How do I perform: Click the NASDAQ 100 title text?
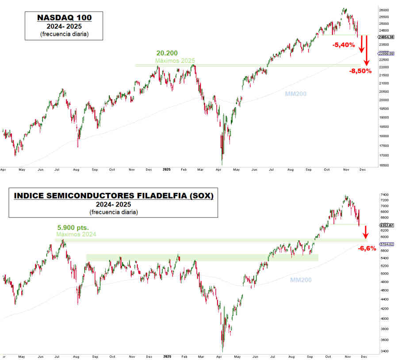(x=64, y=18)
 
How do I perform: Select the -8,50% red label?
(x=360, y=71)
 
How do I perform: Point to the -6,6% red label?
(x=367, y=248)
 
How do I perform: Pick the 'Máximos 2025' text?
(x=175, y=60)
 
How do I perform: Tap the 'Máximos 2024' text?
(x=76, y=234)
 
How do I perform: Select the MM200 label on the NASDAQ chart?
(x=296, y=94)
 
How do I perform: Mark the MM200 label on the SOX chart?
(x=301, y=280)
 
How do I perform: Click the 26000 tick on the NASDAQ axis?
(x=383, y=10)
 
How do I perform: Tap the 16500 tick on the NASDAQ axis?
(x=383, y=165)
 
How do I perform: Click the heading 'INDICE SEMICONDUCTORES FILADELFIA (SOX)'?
(x=113, y=195)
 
